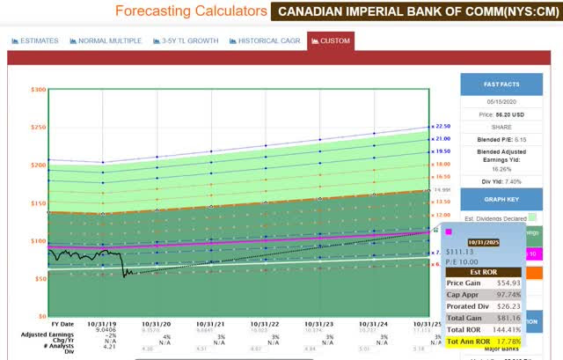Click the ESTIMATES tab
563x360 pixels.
click(x=36, y=40)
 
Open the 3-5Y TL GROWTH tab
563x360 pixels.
click(x=185, y=40)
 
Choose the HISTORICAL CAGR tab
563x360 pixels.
click(x=264, y=40)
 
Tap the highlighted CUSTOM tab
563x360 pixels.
click(x=330, y=40)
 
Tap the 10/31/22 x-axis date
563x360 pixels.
click(x=264, y=324)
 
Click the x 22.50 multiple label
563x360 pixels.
click(x=441, y=126)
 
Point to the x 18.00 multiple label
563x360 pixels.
click(x=441, y=164)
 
